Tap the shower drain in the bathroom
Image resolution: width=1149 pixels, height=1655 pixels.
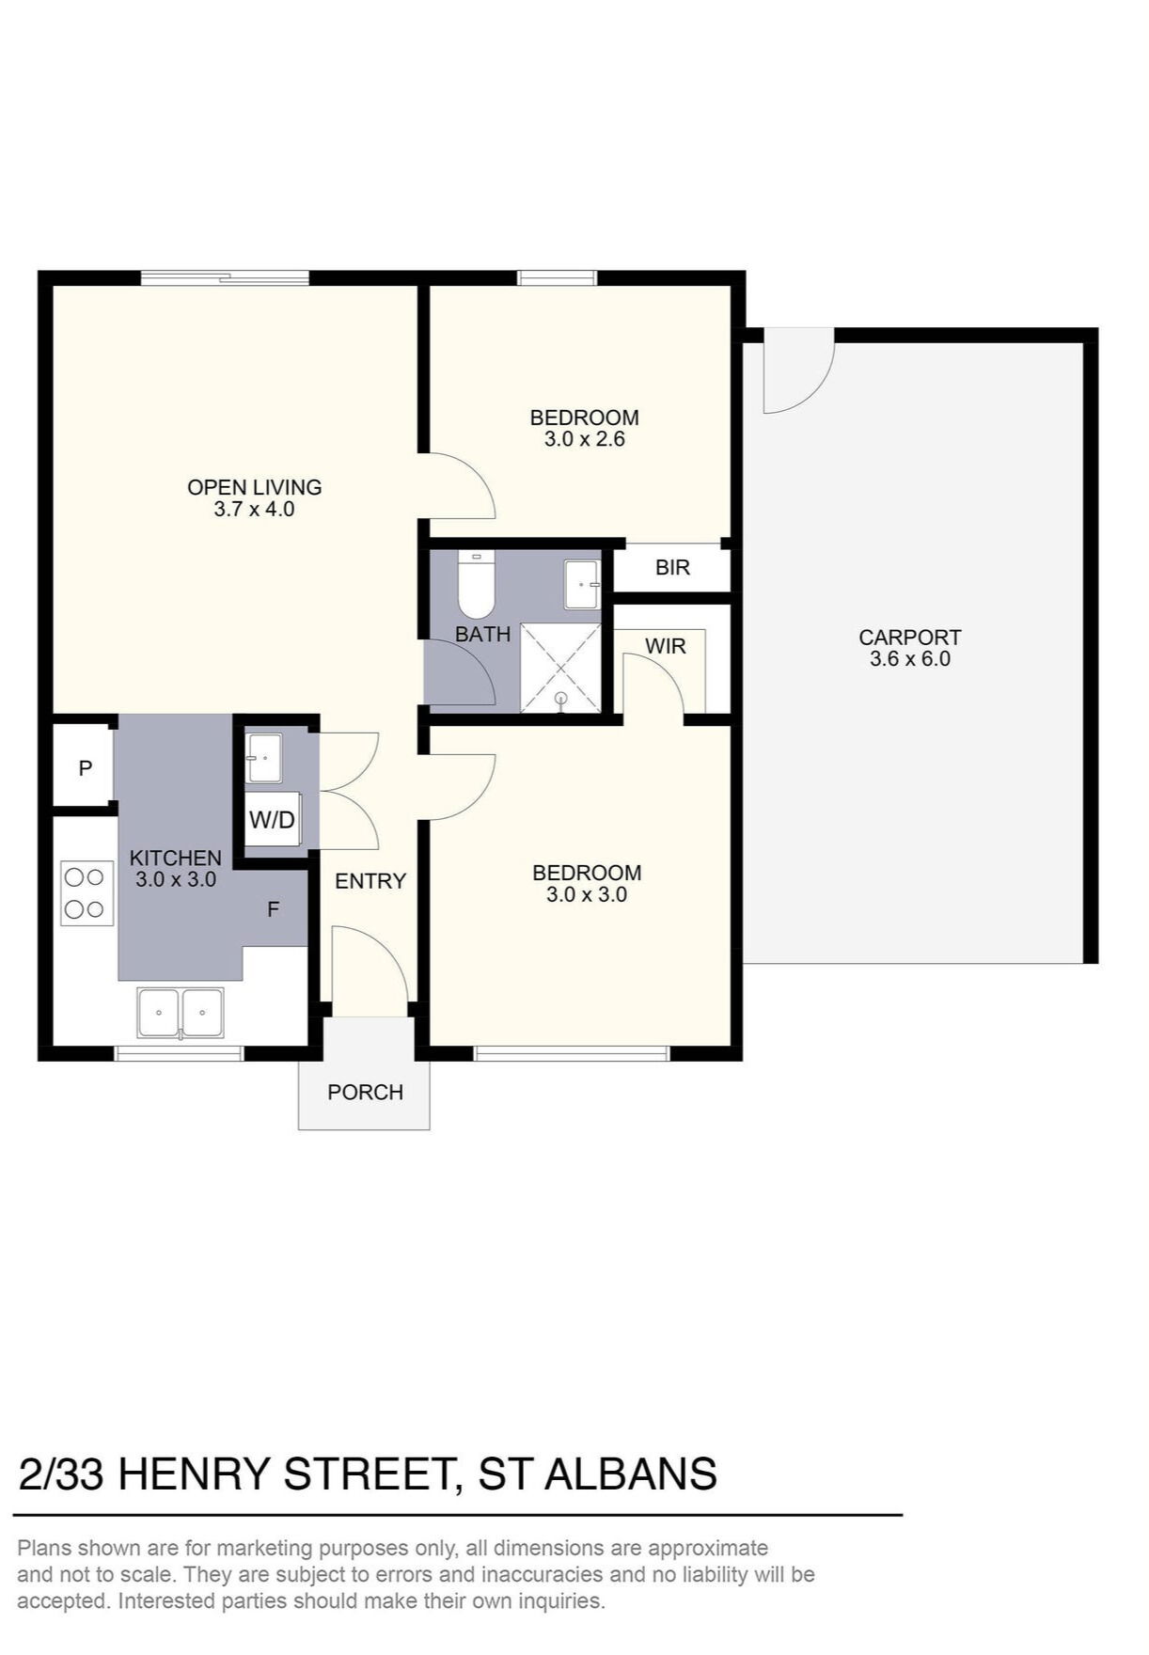tap(560, 699)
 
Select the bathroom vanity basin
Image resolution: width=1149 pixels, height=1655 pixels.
tap(582, 585)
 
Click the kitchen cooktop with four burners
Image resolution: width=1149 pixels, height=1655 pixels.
tap(84, 892)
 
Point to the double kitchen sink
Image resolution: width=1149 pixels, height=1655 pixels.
tap(181, 1014)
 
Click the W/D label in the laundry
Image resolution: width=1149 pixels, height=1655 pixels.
tap(272, 820)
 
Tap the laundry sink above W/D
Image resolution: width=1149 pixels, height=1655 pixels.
tap(263, 758)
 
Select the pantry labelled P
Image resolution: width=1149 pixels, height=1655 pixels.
tap(85, 768)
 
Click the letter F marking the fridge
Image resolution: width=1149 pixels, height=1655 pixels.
tap(274, 909)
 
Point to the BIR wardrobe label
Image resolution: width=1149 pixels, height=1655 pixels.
tap(672, 568)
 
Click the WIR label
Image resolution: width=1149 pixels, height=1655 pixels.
tap(666, 647)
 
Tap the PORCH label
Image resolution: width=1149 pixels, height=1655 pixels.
tap(365, 1093)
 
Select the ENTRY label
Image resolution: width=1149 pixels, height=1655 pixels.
tap(370, 881)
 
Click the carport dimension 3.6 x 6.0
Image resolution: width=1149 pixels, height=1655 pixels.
tap(910, 659)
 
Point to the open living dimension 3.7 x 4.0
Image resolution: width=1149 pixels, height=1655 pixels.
tap(254, 510)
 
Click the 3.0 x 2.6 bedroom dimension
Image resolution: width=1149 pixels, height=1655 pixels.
tap(585, 439)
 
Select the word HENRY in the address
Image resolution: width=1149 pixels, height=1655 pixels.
tap(194, 1474)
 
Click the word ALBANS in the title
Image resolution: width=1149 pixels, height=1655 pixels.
tap(631, 1474)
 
